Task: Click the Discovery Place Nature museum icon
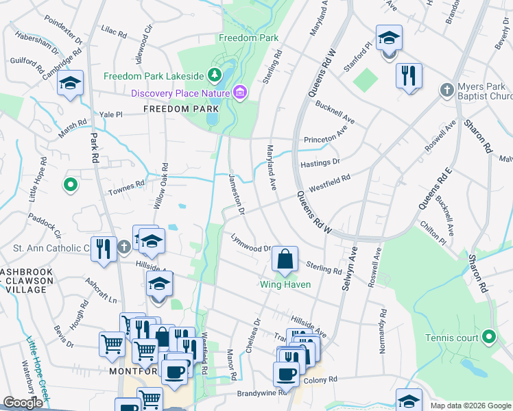tap(240, 92)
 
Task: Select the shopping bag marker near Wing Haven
tap(285, 260)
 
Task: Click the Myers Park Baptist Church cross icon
tap(446, 90)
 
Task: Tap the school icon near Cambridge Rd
tap(70, 84)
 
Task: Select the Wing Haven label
tap(285, 284)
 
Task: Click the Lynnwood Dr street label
tap(251, 245)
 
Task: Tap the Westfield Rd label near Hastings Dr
tap(330, 182)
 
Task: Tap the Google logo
tap(23, 403)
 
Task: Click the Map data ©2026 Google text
tap(470, 406)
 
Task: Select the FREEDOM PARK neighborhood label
tap(171, 109)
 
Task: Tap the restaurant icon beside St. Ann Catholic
tap(104, 248)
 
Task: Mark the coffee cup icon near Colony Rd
tap(285, 374)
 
